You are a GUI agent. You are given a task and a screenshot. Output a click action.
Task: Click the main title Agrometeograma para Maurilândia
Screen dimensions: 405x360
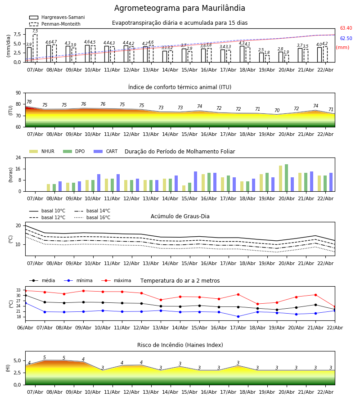[180, 9]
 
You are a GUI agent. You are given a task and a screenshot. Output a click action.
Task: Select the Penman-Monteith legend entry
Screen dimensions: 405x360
[61, 24]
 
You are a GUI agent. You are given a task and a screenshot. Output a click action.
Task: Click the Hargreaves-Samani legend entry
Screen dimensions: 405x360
[63, 18]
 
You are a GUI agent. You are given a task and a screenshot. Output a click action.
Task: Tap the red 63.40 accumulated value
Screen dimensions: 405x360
[346, 28]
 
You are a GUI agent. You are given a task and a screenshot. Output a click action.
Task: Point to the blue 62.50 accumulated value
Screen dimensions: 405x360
[346, 39]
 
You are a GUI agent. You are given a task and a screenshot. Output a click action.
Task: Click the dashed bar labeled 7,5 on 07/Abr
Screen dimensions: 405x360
[35, 48]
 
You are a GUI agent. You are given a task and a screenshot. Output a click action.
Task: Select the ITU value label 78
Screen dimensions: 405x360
[29, 102]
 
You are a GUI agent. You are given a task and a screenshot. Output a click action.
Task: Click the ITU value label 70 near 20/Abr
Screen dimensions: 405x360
[277, 111]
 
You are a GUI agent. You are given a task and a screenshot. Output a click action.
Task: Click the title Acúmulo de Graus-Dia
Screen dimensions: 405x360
[180, 216]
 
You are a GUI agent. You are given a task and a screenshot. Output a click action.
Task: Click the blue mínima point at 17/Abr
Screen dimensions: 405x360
[238, 316]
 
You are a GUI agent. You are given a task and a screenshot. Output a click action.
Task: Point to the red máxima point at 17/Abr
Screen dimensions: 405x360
[238, 294]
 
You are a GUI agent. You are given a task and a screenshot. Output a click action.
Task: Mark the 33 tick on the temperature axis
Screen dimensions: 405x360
[19, 290]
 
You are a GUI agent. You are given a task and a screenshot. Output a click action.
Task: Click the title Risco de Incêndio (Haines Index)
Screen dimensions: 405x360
[180, 345]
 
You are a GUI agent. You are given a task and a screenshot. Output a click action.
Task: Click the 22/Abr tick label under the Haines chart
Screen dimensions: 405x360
[325, 392]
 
